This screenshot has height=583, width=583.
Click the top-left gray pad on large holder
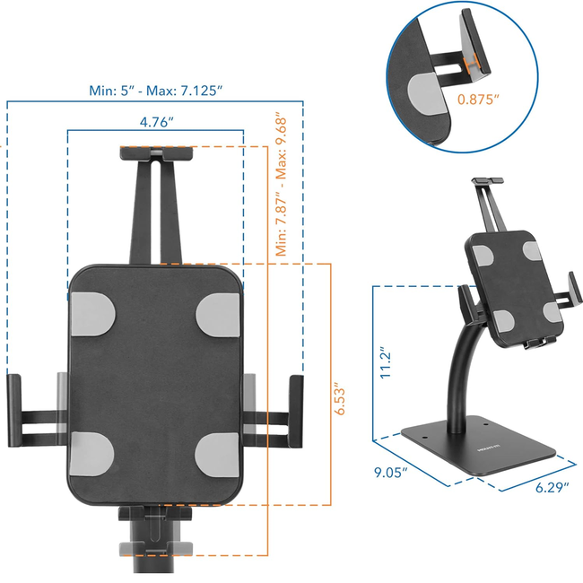coord(91,310)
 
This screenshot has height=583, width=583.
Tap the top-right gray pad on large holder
coord(218,310)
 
